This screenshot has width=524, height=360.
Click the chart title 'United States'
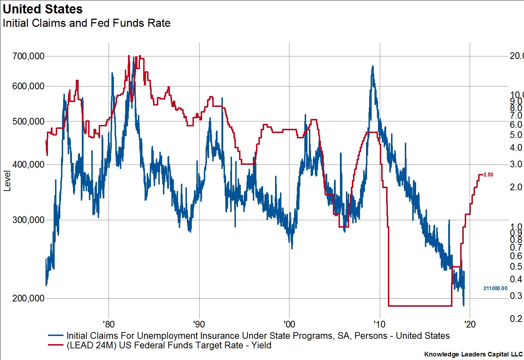(x=43, y=9)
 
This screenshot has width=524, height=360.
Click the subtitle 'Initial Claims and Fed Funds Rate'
(x=86, y=23)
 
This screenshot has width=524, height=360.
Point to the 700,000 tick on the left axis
(x=29, y=56)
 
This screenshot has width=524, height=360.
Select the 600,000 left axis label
(x=29, y=86)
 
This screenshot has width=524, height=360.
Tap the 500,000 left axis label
(x=29, y=121)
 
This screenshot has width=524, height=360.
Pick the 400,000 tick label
(x=29, y=164)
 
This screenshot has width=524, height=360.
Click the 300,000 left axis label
(x=29, y=220)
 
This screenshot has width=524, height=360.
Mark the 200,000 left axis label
(x=29, y=298)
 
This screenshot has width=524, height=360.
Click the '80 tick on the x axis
(x=109, y=324)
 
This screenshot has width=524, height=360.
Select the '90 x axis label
(x=199, y=324)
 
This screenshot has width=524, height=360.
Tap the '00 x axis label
(x=289, y=324)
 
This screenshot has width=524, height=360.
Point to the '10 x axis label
(x=380, y=324)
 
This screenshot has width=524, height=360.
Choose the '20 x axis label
(x=470, y=324)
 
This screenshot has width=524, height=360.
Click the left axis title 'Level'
(x=7, y=181)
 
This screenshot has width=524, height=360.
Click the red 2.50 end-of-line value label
(x=488, y=175)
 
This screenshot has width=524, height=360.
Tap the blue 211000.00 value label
(x=495, y=288)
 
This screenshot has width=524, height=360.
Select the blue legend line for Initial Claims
(x=55, y=336)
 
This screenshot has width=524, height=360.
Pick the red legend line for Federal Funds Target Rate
(x=55, y=345)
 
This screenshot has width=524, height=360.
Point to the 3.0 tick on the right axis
(x=516, y=164)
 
